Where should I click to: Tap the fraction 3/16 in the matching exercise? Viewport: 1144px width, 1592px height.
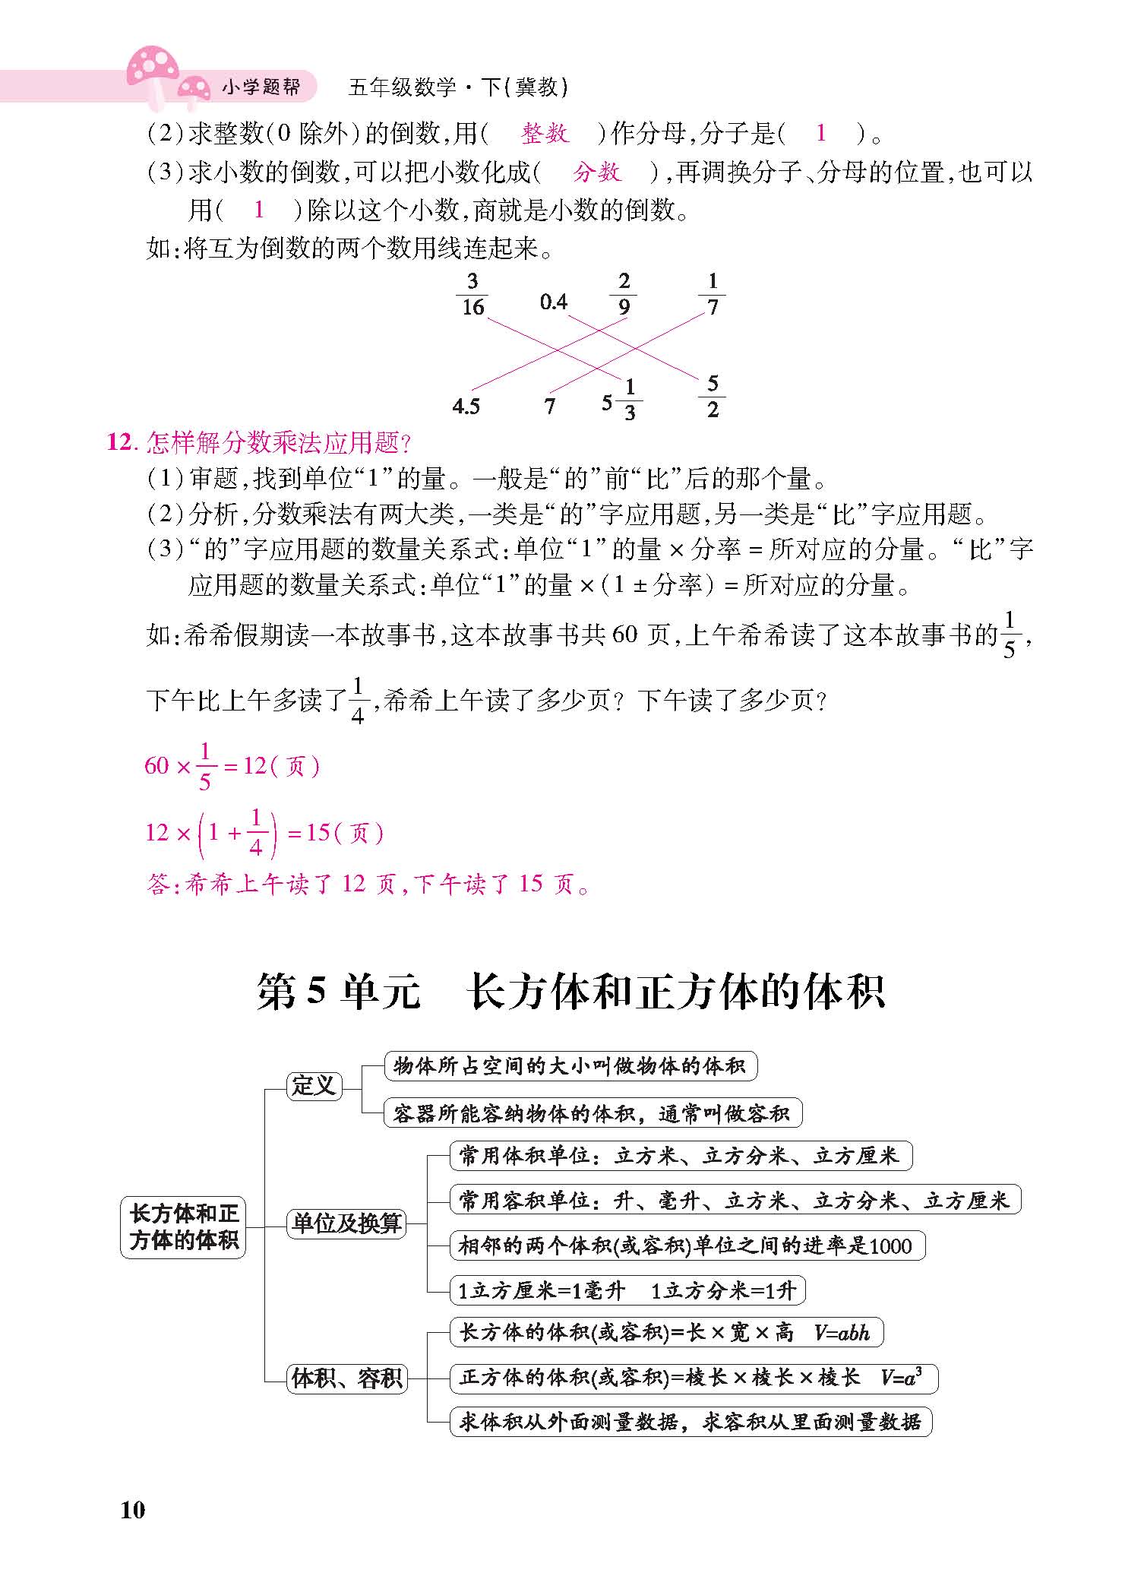(x=472, y=295)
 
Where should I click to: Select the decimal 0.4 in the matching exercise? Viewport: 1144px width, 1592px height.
(x=554, y=302)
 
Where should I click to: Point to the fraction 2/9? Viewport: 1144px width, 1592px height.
(x=624, y=295)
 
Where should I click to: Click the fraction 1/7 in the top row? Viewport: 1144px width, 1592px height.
(x=712, y=295)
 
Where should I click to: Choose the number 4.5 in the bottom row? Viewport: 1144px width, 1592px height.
(x=466, y=407)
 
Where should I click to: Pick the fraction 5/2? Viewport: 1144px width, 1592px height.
(x=713, y=397)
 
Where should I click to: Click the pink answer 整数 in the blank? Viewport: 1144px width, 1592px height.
(x=545, y=134)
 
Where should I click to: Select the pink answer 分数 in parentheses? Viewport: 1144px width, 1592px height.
(x=597, y=172)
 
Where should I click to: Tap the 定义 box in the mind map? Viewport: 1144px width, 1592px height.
(x=314, y=1085)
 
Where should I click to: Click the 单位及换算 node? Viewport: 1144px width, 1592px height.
(x=346, y=1223)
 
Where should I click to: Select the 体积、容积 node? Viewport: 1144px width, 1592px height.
(x=347, y=1378)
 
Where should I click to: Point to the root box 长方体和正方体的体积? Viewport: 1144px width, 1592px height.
(x=183, y=1226)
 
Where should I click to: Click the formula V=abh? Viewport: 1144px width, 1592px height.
(x=842, y=1332)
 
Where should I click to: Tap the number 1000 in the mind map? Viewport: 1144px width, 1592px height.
(x=890, y=1246)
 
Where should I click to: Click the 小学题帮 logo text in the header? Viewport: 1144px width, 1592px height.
(x=261, y=87)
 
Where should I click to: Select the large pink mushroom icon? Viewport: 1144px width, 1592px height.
(x=153, y=68)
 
